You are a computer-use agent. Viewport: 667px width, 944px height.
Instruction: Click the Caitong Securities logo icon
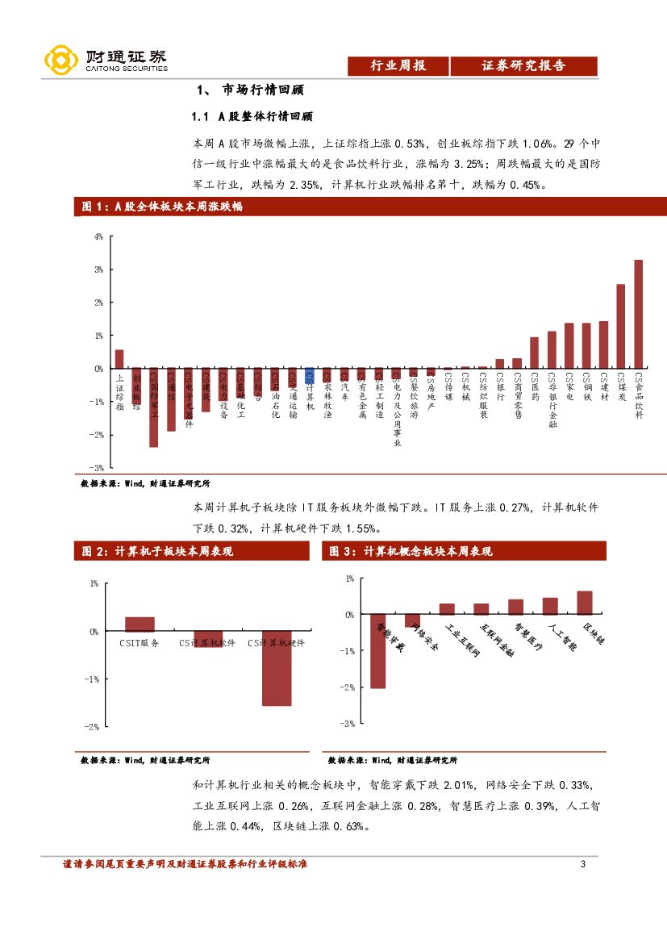pos(60,61)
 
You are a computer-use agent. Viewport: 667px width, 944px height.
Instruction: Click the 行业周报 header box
pos(397,66)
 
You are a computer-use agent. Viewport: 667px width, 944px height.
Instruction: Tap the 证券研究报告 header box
pos(523,66)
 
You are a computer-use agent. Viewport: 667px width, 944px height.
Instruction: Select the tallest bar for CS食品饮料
pos(638,314)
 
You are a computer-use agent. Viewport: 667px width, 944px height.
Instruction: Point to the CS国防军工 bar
pos(153,407)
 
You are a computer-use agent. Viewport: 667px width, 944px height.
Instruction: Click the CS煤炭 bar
pos(621,326)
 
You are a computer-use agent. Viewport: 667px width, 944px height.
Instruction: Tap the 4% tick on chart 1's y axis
pos(98,237)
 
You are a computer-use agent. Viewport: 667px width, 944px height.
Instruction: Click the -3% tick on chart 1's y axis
pos(97,468)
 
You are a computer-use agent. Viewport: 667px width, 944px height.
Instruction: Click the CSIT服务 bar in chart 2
pos(140,624)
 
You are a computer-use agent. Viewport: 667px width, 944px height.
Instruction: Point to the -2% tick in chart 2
pos(93,727)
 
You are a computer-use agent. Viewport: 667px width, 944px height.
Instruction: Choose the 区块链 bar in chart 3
pos(585,603)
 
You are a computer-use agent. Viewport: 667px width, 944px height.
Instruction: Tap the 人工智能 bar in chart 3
pos(550,606)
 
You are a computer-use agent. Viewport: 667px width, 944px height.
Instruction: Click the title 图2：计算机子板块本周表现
pos(157,552)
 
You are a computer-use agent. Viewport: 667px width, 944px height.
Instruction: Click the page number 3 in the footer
pos(583,865)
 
